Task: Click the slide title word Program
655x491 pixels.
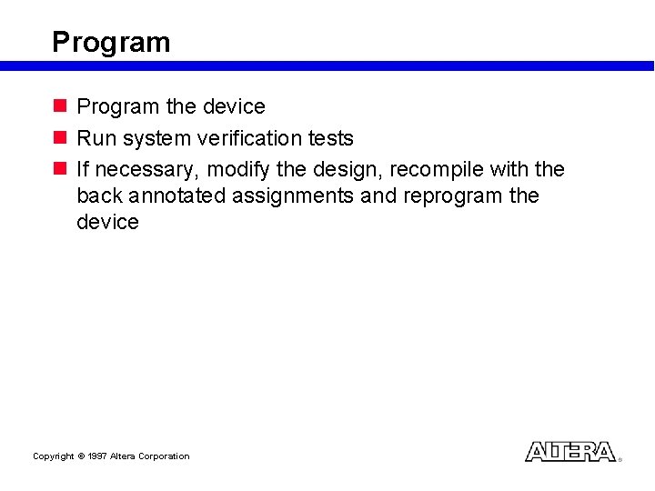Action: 111,43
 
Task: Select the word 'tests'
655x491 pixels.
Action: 329,138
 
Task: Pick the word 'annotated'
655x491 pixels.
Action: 173,196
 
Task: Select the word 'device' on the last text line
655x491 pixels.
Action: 107,222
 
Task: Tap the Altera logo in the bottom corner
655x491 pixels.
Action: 570,452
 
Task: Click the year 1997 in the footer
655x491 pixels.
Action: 97,456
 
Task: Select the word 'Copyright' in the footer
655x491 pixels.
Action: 53,456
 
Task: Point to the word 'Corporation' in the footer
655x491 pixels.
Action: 164,456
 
